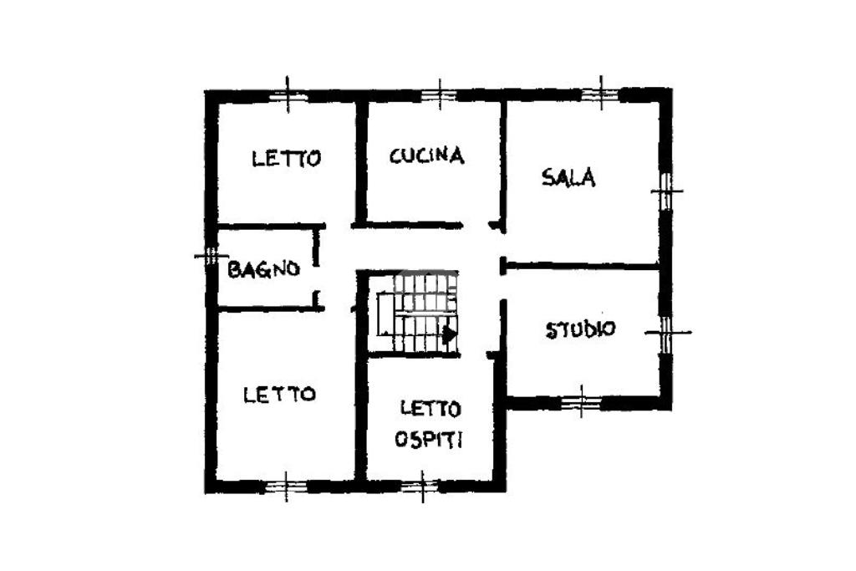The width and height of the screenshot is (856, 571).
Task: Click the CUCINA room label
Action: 426,155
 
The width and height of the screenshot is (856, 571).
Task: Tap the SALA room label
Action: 568,177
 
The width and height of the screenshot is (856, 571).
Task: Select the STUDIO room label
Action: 580,329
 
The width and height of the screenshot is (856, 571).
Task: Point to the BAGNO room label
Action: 263,269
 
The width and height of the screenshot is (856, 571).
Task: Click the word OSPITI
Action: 429,440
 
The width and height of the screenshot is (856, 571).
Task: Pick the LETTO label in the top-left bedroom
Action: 287,157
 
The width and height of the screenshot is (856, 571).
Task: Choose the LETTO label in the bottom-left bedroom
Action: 279,394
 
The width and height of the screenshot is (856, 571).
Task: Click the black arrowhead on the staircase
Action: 450,334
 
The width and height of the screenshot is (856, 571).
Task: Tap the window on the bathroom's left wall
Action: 210,256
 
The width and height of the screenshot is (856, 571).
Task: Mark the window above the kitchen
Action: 438,94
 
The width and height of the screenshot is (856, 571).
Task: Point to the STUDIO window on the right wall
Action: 666,333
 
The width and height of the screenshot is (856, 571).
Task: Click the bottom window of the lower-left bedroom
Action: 286,485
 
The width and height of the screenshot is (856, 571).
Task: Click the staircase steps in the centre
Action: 415,313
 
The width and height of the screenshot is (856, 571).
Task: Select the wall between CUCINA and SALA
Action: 504,159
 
